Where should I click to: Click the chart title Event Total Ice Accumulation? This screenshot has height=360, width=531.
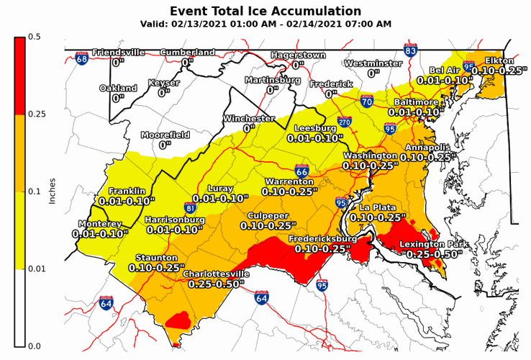click(x=265, y=11)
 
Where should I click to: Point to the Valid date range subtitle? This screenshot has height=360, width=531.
click(x=265, y=24)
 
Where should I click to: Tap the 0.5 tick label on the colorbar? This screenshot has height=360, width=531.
click(x=34, y=37)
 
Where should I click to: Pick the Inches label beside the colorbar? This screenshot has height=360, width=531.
click(x=52, y=191)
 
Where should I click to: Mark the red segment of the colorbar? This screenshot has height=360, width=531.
click(x=19, y=75)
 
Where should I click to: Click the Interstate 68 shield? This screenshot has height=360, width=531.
click(x=83, y=59)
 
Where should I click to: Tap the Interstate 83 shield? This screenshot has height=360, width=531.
click(x=411, y=51)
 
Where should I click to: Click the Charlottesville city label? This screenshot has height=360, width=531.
click(x=216, y=274)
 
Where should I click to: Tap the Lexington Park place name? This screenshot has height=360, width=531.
click(x=434, y=245)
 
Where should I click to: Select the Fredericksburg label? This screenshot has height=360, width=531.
click(x=323, y=238)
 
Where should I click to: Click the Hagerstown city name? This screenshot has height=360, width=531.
click(x=298, y=55)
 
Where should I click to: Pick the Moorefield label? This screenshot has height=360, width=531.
click(x=165, y=135)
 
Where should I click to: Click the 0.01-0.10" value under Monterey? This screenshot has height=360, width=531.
click(x=101, y=233)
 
